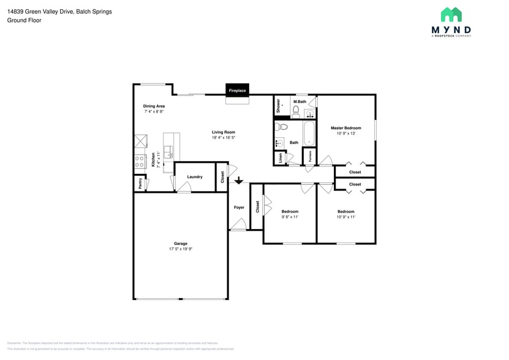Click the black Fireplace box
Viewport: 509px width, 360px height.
237,90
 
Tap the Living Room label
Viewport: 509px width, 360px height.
224,132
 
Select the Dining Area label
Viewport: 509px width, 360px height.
154,106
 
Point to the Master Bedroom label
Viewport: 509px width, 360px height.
346,128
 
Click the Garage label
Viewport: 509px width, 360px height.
180,243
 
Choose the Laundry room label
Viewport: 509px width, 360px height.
195,177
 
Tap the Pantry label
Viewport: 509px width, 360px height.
140,182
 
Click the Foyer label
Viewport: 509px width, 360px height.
239,207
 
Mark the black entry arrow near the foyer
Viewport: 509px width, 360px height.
238,181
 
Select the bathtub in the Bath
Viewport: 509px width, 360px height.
309,133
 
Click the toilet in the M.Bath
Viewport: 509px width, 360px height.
296,111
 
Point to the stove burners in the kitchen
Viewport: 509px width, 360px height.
140,161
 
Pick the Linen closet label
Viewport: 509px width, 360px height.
281,157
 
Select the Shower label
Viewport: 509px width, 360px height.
278,105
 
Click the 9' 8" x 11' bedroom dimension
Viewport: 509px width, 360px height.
290,217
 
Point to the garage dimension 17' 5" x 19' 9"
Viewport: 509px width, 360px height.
180,249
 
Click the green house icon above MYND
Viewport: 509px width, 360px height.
451,15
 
